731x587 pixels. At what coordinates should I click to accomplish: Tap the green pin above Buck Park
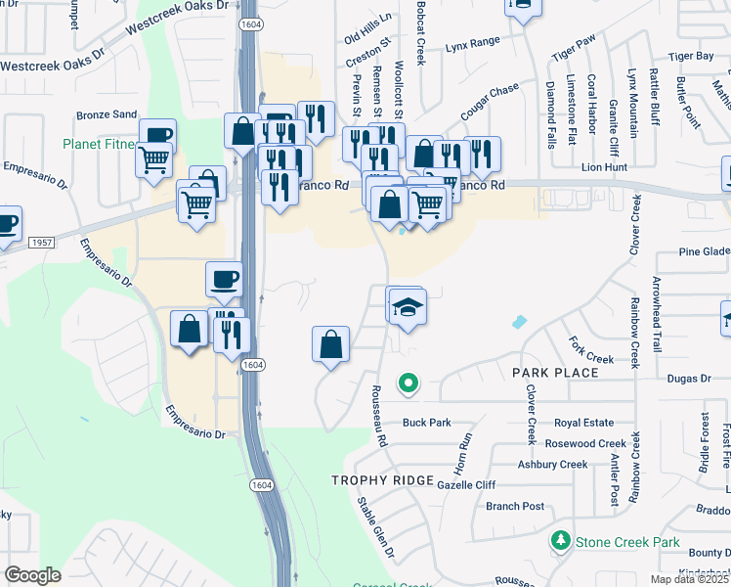408,384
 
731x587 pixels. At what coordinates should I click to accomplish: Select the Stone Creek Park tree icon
560,540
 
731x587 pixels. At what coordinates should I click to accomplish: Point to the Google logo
32,575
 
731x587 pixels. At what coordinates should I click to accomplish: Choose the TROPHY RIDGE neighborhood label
382,479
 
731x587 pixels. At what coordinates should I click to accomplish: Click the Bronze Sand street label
107,114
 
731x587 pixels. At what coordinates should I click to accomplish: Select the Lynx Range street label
472,43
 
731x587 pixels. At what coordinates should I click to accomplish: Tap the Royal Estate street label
583,423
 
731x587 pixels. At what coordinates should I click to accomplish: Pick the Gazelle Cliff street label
466,485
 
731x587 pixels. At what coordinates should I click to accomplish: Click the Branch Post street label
514,506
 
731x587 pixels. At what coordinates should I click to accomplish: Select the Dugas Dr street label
690,378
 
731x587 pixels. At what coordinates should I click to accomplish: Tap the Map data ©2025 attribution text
687,579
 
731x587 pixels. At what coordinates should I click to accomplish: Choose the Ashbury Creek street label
552,465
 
